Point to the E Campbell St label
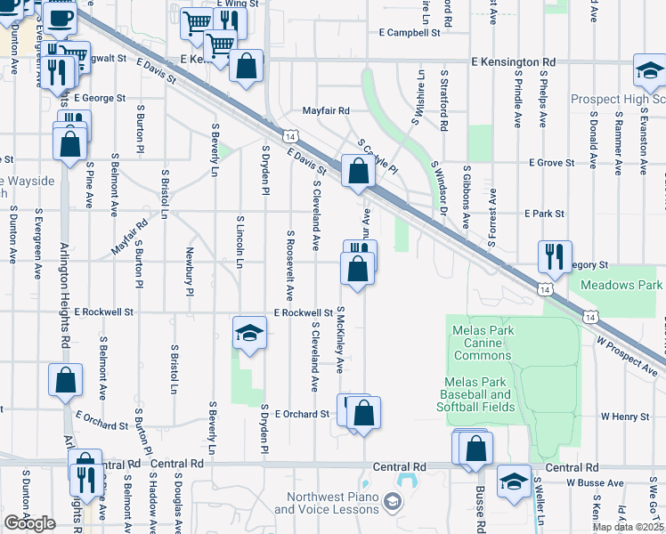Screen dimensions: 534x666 point(410,32)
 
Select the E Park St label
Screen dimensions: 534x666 point(545,214)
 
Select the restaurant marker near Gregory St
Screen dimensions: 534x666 point(555,256)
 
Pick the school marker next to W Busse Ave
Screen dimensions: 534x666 point(514,481)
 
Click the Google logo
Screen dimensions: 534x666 point(29,523)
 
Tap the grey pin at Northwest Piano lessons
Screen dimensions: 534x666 point(391,504)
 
